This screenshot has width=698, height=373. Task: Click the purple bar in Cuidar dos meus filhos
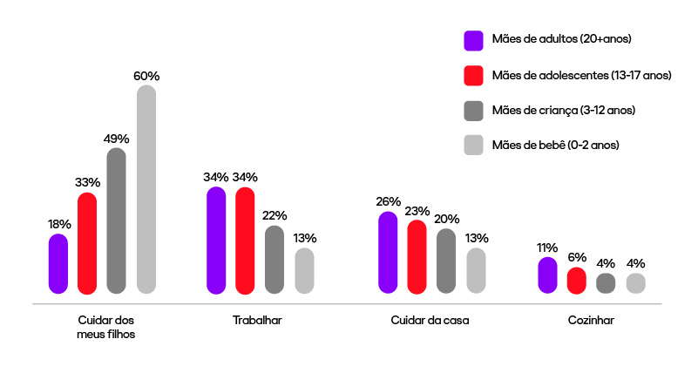(58, 264)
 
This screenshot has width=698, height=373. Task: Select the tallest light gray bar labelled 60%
(146, 189)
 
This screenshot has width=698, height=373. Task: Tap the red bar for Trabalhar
(245, 241)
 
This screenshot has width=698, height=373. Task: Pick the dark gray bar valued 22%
(274, 260)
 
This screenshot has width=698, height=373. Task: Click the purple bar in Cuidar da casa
(388, 253)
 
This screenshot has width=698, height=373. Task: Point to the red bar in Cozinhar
(577, 281)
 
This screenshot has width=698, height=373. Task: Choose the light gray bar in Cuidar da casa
(476, 271)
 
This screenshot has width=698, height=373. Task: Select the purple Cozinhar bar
(547, 275)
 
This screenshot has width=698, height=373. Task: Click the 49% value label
(117, 139)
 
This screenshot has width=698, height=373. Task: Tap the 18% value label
(59, 224)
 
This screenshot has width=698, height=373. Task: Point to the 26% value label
(389, 201)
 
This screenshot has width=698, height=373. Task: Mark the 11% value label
(547, 248)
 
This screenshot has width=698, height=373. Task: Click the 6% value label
(577, 258)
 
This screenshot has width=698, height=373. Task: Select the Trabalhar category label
(258, 321)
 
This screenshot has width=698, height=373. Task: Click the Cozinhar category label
(591, 321)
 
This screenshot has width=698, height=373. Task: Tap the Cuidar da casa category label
(430, 321)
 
